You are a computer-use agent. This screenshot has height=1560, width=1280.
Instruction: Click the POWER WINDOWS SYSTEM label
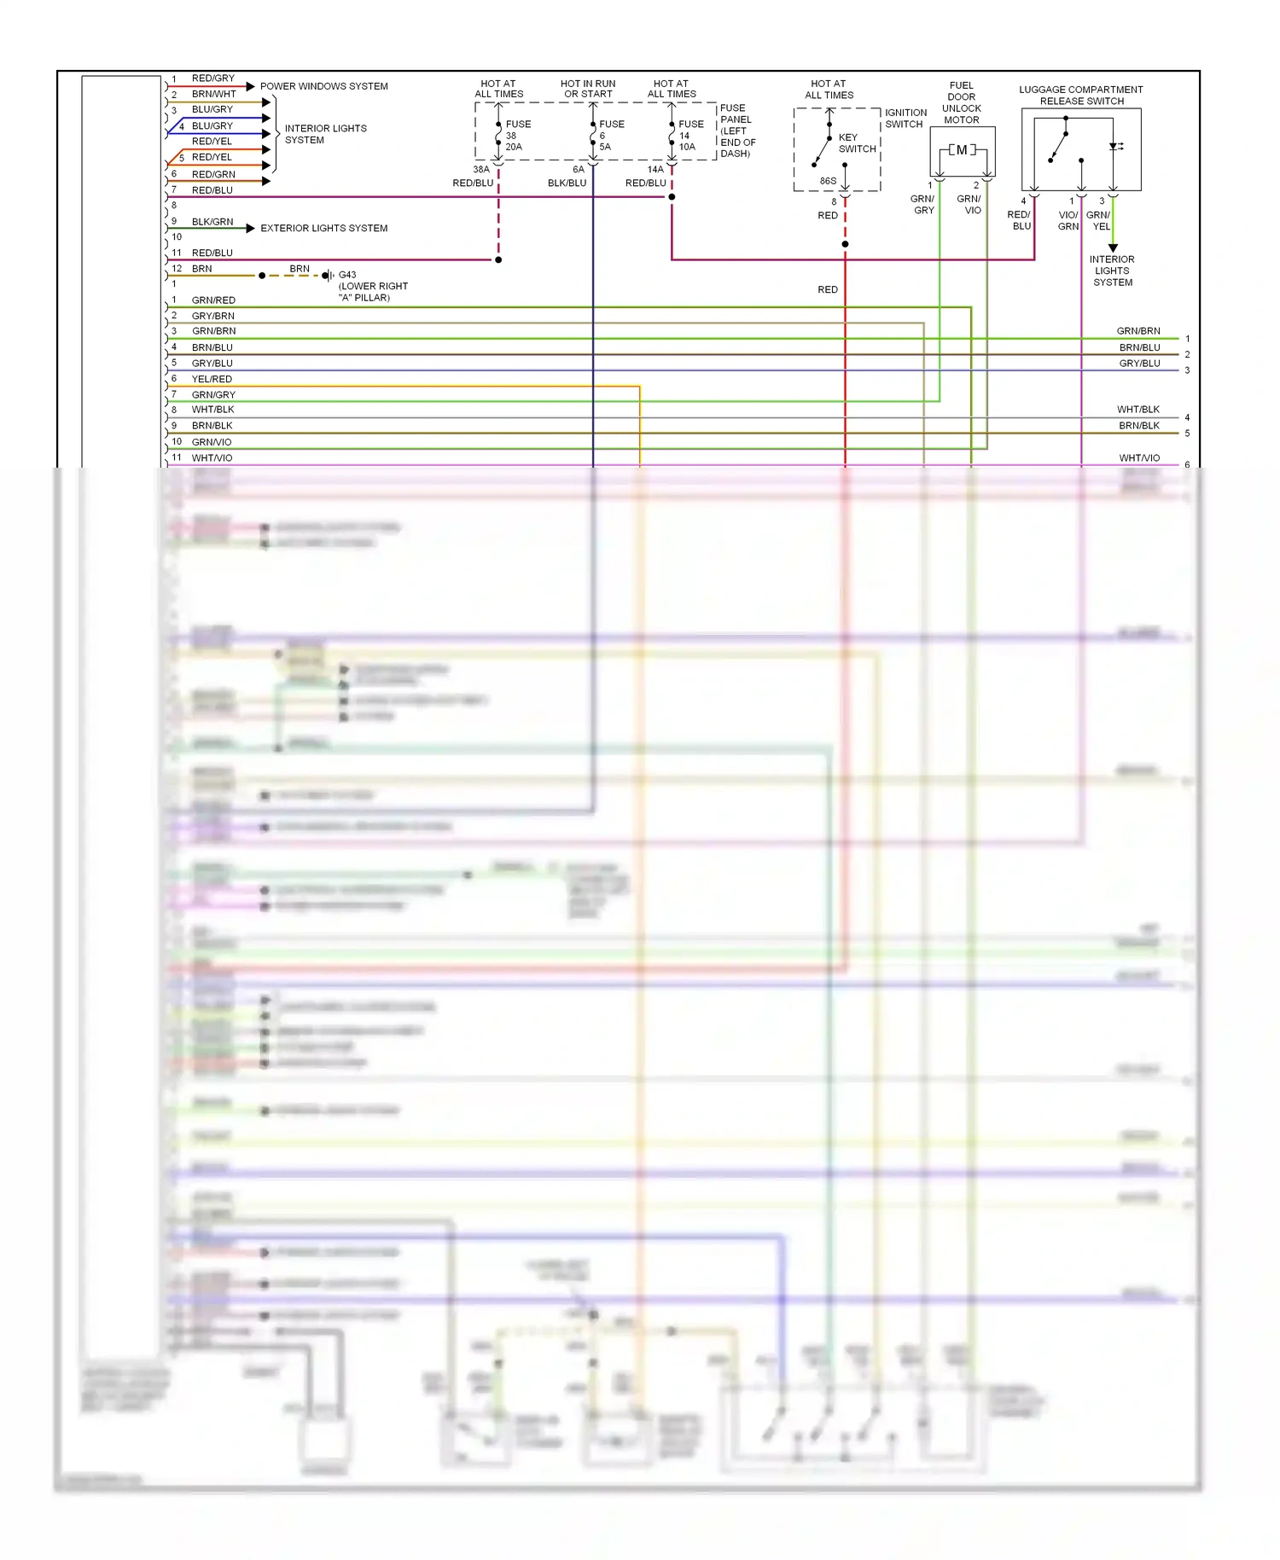323,86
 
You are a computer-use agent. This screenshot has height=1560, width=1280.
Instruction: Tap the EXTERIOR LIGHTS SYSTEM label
323,228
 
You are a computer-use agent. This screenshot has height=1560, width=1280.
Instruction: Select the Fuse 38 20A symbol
499,136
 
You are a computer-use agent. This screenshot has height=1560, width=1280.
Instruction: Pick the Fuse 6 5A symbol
593,136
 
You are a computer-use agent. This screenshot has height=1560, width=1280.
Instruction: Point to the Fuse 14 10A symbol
672,136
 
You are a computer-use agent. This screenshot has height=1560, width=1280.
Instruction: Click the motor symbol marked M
962,150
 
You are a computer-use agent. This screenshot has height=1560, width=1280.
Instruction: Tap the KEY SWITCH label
857,143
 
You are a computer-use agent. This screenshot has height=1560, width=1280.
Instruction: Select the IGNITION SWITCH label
905,118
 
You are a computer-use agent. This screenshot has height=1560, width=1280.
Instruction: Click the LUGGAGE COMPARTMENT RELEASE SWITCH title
1081,95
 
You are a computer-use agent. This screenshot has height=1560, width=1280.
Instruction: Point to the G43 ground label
347,275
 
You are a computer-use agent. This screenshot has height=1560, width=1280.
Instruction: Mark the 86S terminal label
828,181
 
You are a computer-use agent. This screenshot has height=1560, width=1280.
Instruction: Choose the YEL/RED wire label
212,379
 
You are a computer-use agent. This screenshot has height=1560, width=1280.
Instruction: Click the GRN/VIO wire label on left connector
212,442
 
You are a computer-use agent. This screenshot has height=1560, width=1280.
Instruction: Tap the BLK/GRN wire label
212,222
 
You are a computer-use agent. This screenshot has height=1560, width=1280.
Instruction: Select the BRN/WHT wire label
213,94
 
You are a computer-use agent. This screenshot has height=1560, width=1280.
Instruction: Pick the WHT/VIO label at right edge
1139,458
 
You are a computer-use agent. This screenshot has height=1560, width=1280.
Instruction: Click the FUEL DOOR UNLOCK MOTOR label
962,102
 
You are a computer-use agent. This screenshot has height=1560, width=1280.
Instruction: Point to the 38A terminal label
481,170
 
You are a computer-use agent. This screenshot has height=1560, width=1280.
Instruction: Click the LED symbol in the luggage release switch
1114,147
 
